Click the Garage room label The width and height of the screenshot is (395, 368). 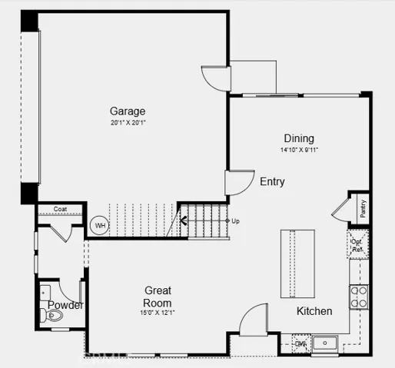coord(127,111)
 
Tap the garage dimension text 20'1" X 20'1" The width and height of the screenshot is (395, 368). coord(127,123)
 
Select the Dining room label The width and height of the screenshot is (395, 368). coord(299,138)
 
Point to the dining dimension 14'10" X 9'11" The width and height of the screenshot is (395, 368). coord(299,150)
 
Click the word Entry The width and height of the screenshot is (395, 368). coord(272,182)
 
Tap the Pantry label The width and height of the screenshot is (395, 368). coord(363,208)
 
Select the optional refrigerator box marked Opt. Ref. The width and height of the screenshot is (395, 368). coord(357,244)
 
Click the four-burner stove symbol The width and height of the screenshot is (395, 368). coord(359,297)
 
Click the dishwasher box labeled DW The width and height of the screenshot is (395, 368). coord(300,343)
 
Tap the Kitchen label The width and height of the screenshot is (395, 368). coord(315,311)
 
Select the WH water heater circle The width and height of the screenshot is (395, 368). coord(99,226)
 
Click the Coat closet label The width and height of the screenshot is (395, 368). coord(60,208)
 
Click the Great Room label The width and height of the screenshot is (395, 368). coord(158,296)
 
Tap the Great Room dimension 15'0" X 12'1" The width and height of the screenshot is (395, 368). coord(158,312)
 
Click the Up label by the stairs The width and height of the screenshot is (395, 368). coord(235,221)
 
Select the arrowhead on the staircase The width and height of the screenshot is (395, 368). coord(184,222)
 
